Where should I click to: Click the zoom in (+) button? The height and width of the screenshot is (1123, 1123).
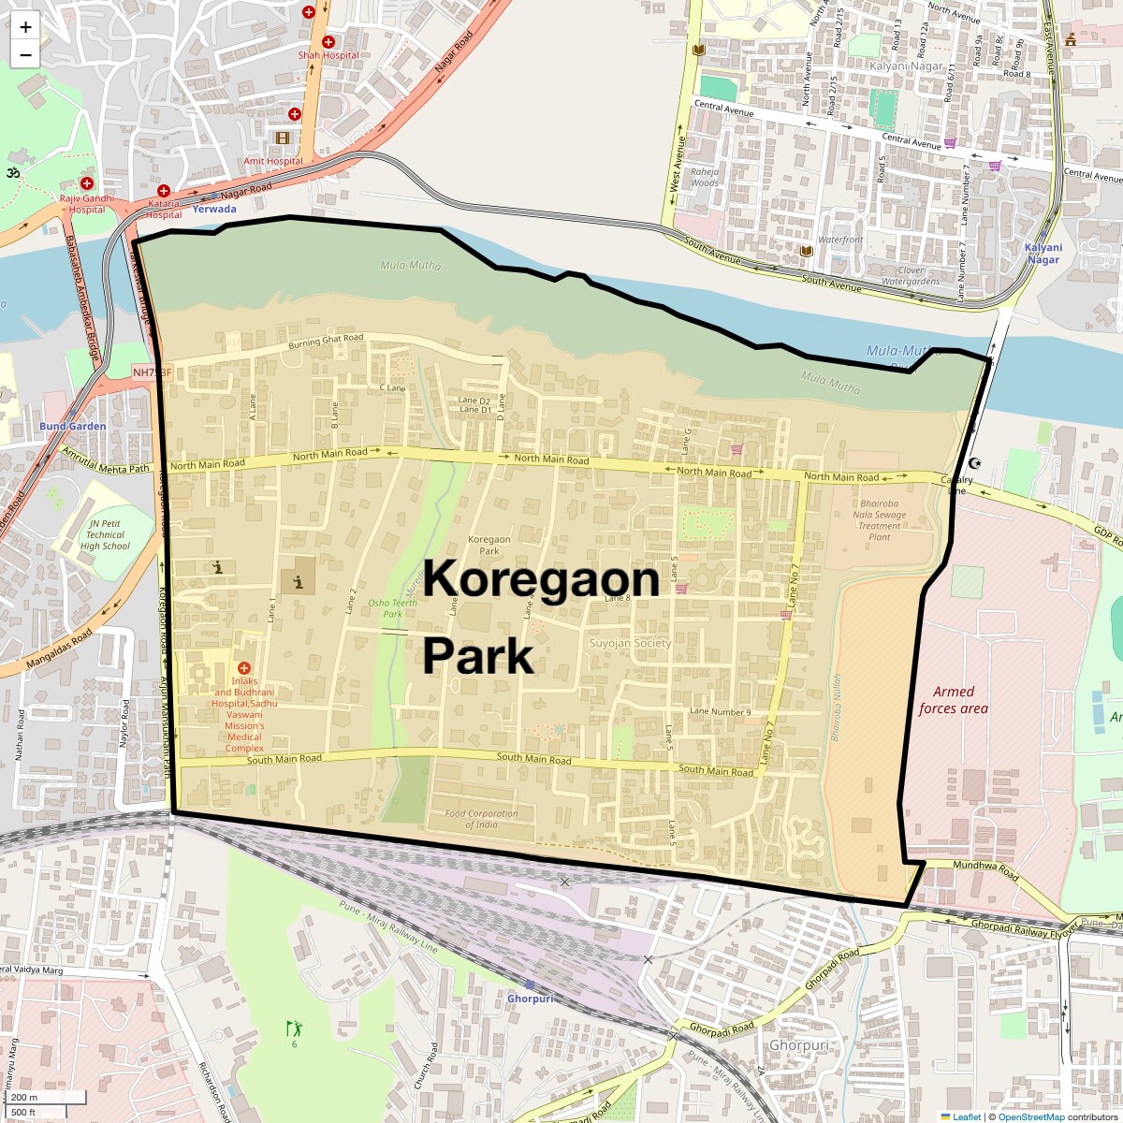pos(25,27)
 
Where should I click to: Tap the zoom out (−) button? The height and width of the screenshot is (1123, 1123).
pos(25,55)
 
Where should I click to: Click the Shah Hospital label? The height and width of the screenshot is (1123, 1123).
pos(328,55)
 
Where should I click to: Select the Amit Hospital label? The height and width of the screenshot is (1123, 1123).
pos(273,161)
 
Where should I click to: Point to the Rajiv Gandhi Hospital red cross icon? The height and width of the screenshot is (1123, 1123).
pos(87,184)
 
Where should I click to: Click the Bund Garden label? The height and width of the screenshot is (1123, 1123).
pos(72,426)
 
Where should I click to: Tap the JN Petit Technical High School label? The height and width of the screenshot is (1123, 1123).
pos(105,535)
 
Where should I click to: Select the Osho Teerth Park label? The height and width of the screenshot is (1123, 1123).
pos(392,608)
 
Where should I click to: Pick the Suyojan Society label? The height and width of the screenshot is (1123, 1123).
pos(630,643)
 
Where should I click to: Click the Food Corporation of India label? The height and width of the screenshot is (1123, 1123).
pos(481,819)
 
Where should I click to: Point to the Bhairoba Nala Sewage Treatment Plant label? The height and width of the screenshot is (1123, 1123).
pos(879,520)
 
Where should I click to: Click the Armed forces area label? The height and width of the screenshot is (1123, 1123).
pos(953,700)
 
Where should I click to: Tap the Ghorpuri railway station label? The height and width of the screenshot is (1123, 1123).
pos(530,999)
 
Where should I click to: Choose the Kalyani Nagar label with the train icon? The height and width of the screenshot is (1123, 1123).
pos(1043,254)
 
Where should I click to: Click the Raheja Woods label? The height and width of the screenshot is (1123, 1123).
pos(705,177)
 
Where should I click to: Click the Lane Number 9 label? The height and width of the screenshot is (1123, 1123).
pos(720,712)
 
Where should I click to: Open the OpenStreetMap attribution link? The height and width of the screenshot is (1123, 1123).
pos(1030,1116)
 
